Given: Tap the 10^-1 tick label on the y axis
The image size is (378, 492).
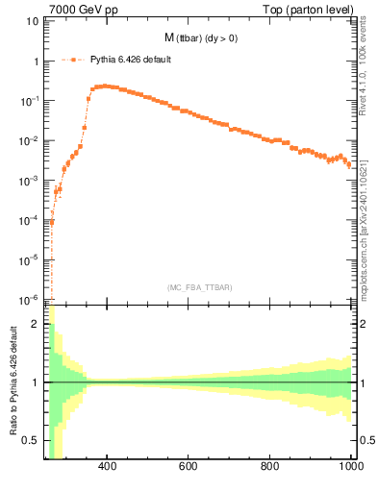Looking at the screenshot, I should (32, 101).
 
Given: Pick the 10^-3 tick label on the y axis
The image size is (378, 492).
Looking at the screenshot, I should (32, 181).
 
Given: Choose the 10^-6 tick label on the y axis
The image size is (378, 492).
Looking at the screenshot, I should (32, 299).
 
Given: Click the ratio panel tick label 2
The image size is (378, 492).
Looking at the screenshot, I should (37, 324).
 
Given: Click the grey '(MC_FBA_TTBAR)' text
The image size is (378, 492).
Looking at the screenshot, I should (200, 287).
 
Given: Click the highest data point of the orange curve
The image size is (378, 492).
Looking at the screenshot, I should (105, 86).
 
